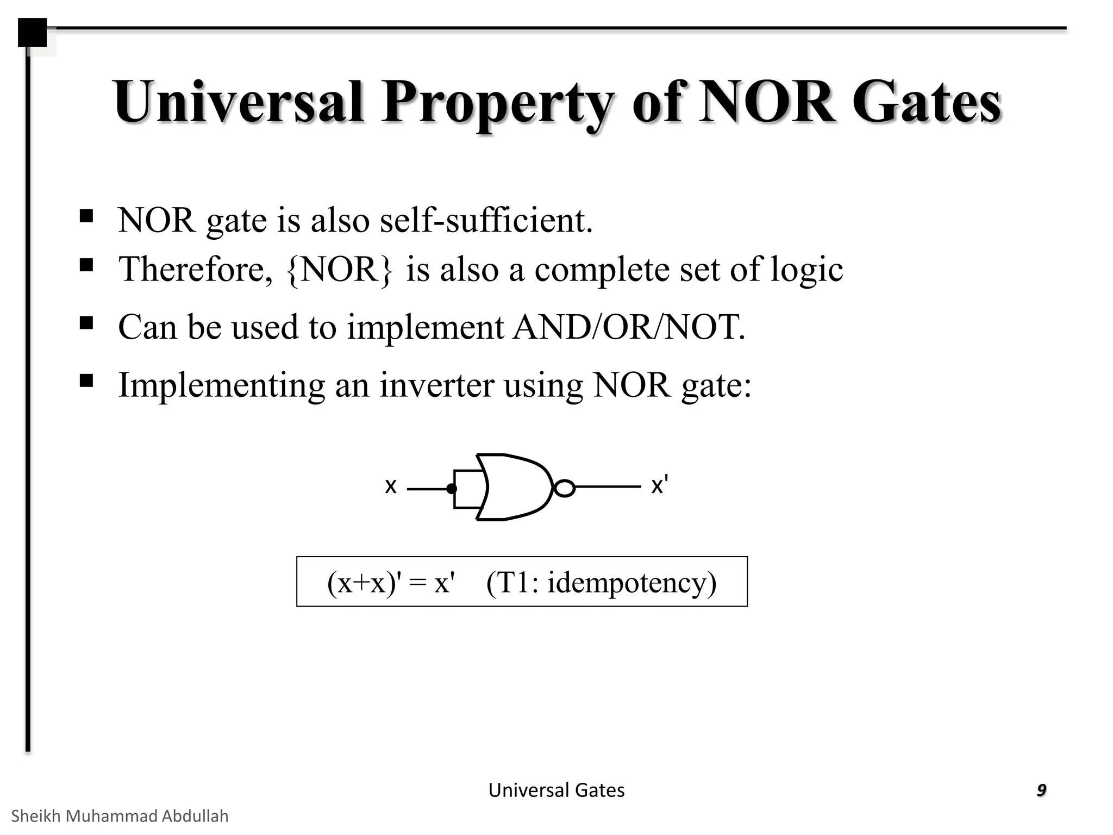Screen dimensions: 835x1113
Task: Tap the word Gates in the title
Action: tap(926, 102)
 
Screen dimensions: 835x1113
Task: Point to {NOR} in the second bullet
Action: tap(339, 270)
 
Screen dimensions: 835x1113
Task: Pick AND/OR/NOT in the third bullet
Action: tap(629, 327)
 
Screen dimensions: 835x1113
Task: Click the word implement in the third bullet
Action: tap(426, 328)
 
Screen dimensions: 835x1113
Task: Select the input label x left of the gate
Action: tap(390, 486)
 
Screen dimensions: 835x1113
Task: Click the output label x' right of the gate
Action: tap(659, 485)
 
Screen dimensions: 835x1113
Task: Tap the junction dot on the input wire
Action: tap(451, 489)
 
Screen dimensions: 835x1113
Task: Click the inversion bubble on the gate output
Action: tap(565, 488)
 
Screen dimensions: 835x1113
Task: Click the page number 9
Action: tap(1041, 790)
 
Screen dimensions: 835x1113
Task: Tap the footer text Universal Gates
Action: tap(556, 790)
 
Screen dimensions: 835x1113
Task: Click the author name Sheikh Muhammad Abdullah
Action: tap(120, 816)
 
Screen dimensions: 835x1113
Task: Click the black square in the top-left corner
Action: tap(32, 33)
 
